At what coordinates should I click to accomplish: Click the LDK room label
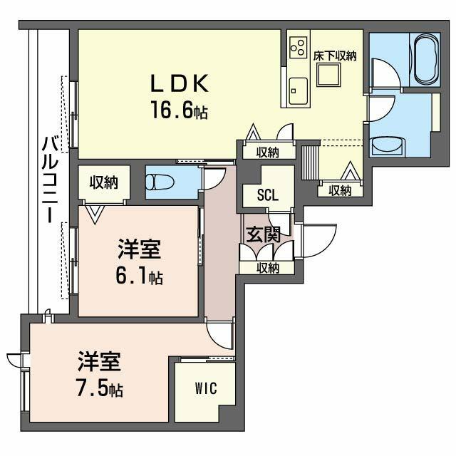pos(179,83)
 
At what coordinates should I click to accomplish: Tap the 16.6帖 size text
pos(179,110)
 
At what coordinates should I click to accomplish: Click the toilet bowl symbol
pos(160,182)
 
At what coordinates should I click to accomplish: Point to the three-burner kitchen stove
pos(298,48)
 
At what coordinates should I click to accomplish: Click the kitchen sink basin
pos(298,91)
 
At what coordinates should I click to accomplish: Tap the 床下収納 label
pos(335,56)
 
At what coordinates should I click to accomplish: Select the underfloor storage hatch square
pos(328,75)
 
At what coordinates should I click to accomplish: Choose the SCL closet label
pos(268,195)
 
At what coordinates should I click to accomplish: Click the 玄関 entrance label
pos(263,234)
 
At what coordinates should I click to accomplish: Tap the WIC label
pos(206,388)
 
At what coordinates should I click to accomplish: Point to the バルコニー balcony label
pos(51,179)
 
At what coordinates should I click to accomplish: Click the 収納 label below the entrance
pos(268,268)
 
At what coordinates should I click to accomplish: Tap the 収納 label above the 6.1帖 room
pos(104,182)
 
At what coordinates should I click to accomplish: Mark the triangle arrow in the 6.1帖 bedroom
pos(95,214)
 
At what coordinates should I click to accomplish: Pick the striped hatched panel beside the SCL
pos(311,162)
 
